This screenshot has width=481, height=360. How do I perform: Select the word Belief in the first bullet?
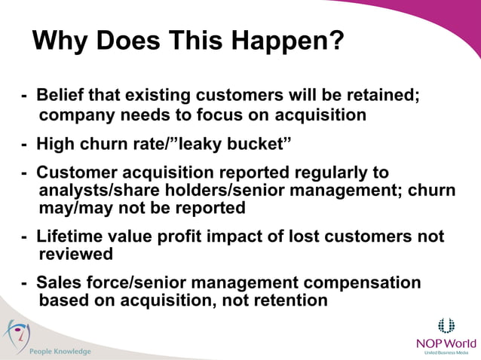pos(61,96)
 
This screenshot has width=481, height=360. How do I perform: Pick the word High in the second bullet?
pos(56,143)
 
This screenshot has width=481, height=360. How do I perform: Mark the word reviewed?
pos(75,254)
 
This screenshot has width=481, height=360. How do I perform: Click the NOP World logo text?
pos(446,343)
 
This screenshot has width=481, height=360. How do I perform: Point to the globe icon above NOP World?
pos(446,325)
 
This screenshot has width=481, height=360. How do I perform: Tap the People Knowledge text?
pos(60,351)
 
